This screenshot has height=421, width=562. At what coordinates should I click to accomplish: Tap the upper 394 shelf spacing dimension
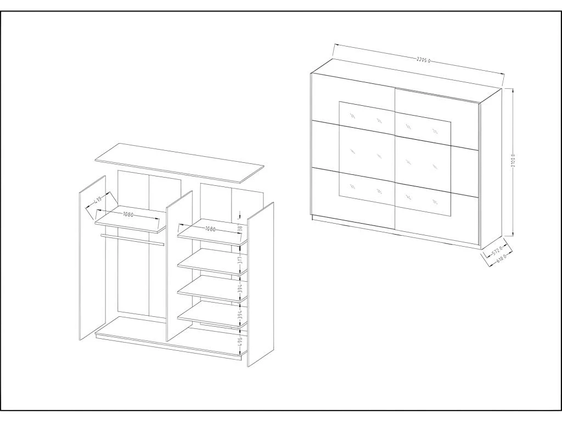(240, 291)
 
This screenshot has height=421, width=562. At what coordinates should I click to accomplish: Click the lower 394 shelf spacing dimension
(240, 316)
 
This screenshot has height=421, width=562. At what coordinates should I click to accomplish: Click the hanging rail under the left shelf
(132, 240)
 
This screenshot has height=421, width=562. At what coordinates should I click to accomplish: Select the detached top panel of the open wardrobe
(178, 163)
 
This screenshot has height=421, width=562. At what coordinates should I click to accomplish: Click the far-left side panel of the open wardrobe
(92, 258)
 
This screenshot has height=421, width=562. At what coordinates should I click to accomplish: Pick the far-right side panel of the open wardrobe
(260, 285)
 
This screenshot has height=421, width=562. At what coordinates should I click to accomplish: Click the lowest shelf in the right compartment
(211, 315)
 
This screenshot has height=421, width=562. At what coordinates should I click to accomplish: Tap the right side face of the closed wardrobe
(490, 170)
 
